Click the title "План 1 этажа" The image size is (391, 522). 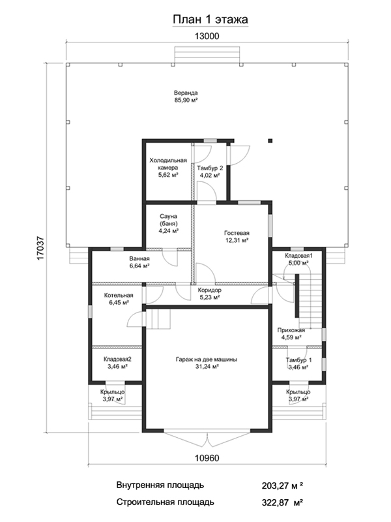click(210, 20)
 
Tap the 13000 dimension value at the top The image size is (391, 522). click(207, 36)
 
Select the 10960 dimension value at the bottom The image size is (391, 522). click(207, 458)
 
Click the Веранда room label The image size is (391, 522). click(186, 93)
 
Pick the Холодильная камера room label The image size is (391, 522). click(168, 164)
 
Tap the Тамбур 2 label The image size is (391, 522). click(210, 168)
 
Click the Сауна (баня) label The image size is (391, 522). click(168, 220)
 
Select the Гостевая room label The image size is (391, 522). click(237, 233)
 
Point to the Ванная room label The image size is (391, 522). click(139, 258)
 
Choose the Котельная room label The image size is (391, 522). click(119, 296)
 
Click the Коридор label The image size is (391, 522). click(209, 290)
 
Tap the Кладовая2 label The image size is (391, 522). click(117, 360)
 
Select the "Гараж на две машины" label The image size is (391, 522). click(207, 360)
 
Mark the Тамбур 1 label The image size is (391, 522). click(299, 360)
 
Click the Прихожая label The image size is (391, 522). click(291, 330)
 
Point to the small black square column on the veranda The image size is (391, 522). click(270, 140)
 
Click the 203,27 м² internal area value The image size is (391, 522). click(282, 485)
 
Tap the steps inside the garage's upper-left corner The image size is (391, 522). click(158, 319)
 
